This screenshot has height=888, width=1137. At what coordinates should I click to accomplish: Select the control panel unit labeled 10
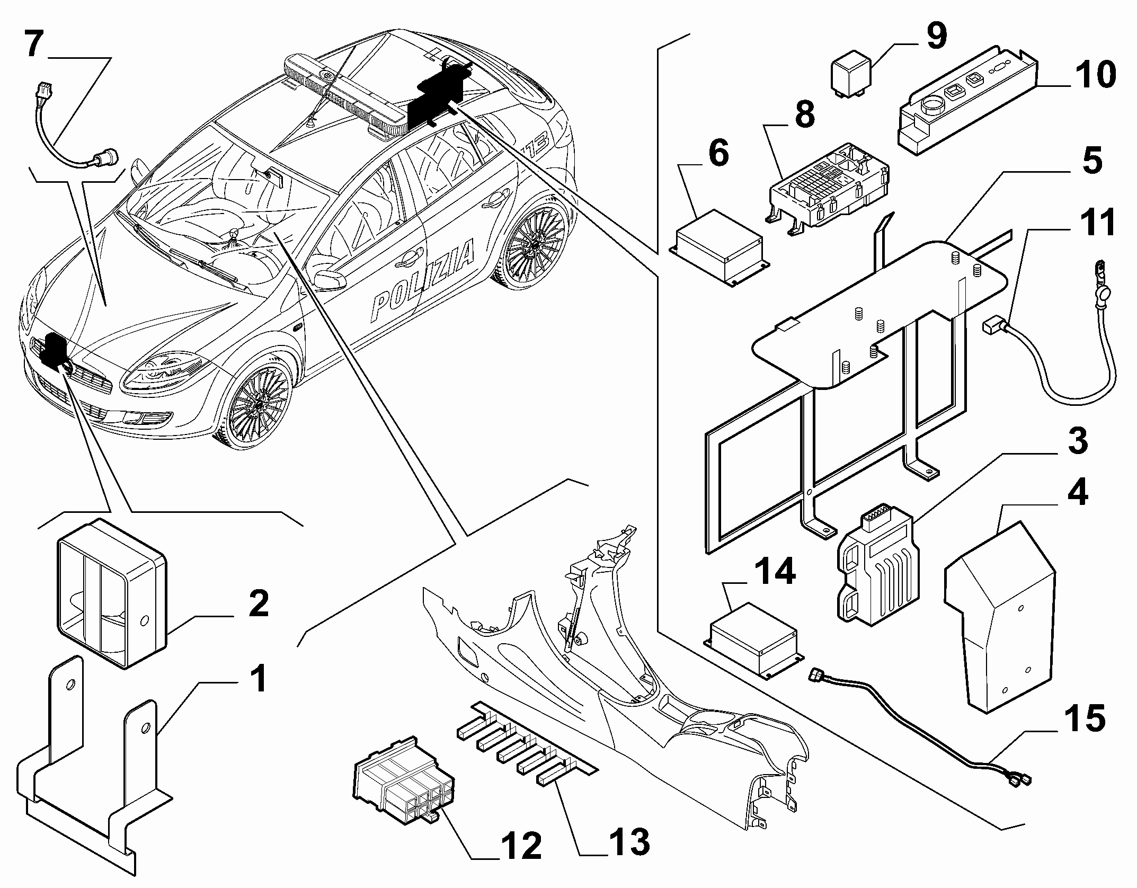967,101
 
